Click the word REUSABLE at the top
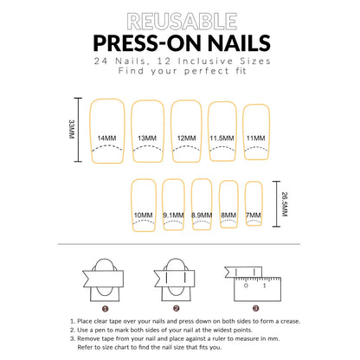pyautogui.click(x=180, y=20)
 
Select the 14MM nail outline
pyautogui.click(x=107, y=130)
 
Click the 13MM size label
pyautogui.click(x=147, y=138)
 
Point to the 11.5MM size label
pyautogui.click(x=222, y=138)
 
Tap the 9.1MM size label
pyautogui.click(x=174, y=215)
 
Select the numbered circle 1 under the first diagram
pyautogui.click(x=105, y=307)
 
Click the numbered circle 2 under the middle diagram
pyautogui.click(x=177, y=307)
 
